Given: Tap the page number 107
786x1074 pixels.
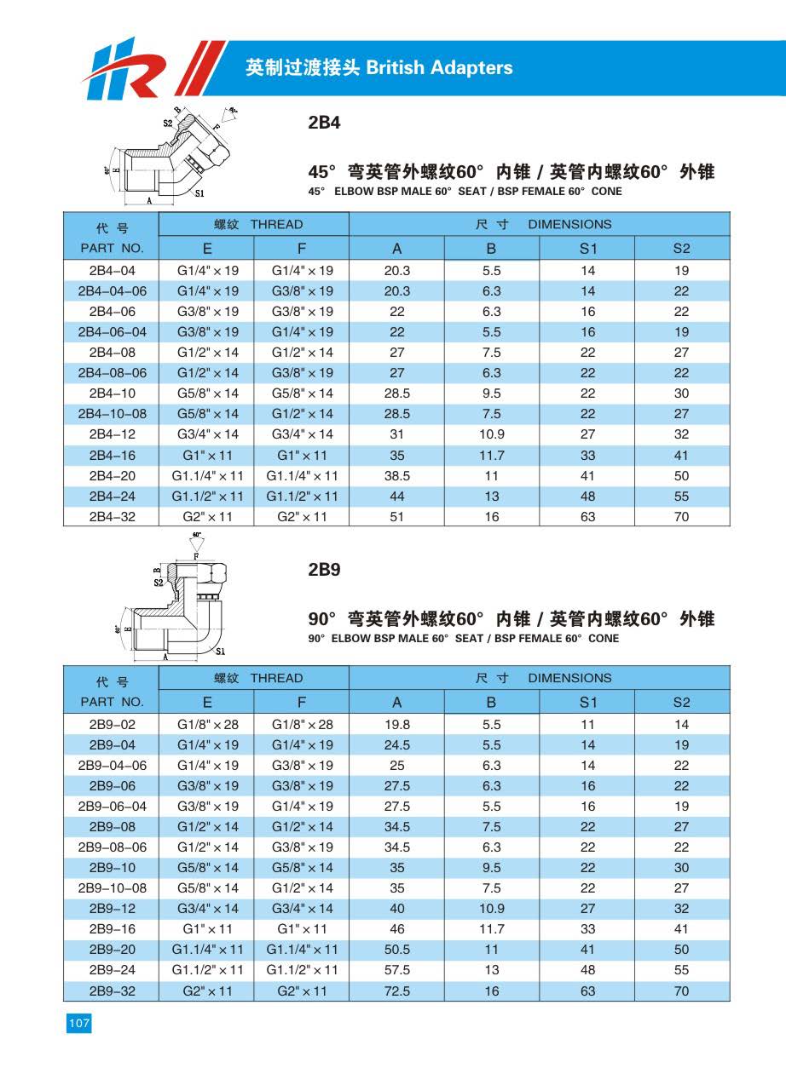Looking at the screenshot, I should click(x=78, y=1024).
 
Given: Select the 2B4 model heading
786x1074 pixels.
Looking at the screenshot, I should click(x=324, y=123).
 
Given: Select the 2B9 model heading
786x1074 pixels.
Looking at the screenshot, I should click(x=324, y=570).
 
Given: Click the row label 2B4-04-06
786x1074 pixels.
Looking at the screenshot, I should click(x=112, y=291).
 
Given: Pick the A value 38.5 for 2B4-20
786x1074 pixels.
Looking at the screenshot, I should click(x=396, y=476).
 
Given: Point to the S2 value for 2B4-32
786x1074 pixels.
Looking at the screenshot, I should click(x=681, y=517).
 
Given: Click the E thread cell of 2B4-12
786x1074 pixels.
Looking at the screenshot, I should click(x=208, y=434).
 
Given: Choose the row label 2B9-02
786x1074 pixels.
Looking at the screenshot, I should click(x=112, y=725).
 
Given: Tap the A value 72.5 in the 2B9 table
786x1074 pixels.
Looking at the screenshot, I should click(x=396, y=991).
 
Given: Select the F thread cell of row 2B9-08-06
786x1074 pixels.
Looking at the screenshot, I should click(x=303, y=847).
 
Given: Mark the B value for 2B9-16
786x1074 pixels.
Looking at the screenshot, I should click(x=491, y=929).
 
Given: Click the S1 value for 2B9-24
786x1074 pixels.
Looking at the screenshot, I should click(x=587, y=970).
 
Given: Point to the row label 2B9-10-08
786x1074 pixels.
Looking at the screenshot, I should click(x=112, y=888).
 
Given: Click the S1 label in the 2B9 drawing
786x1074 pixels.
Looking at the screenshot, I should click(x=220, y=652).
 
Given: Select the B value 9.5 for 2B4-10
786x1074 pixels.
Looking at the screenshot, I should click(x=491, y=393).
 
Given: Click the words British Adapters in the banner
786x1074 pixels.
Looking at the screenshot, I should click(x=439, y=67).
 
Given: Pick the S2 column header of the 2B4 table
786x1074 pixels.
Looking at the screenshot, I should click(x=681, y=249).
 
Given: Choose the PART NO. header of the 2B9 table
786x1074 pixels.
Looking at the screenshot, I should click(x=112, y=703).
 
